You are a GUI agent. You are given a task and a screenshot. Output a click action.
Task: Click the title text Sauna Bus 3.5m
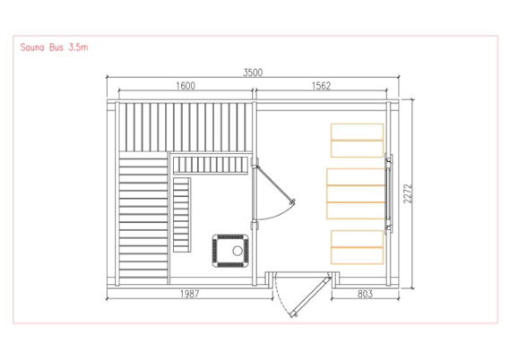(x=54, y=47)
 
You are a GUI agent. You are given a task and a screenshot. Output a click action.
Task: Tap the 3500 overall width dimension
(x=253, y=73)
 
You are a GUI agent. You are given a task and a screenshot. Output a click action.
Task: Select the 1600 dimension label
(x=186, y=86)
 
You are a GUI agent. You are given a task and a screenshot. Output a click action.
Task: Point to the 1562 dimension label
(x=321, y=86)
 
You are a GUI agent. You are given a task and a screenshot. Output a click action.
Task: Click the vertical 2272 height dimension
(x=408, y=193)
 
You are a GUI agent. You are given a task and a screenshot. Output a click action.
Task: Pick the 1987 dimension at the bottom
(x=190, y=294)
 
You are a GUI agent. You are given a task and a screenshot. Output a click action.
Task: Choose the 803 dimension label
(x=365, y=294)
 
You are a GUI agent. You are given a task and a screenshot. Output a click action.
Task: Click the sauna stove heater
(x=230, y=251)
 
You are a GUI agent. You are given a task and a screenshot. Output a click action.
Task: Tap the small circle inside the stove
(x=238, y=251)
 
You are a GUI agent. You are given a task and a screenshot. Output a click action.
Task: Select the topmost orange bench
(x=357, y=141)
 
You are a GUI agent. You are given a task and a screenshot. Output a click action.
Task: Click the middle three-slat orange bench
(x=356, y=193)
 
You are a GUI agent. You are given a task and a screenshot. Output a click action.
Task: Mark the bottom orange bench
(x=357, y=247)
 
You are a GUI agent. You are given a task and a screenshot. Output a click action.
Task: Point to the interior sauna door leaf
(x=275, y=184)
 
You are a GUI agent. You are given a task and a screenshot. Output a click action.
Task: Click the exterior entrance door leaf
(x=311, y=296)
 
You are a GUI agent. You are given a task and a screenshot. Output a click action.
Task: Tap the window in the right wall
(x=388, y=194)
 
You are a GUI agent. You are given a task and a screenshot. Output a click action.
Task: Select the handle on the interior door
(x=292, y=201)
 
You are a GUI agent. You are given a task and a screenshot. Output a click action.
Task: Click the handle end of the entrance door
(x=294, y=314)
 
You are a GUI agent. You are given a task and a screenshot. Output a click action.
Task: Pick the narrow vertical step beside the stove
(x=182, y=215)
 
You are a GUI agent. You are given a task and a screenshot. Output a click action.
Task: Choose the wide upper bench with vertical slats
(x=186, y=127)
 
